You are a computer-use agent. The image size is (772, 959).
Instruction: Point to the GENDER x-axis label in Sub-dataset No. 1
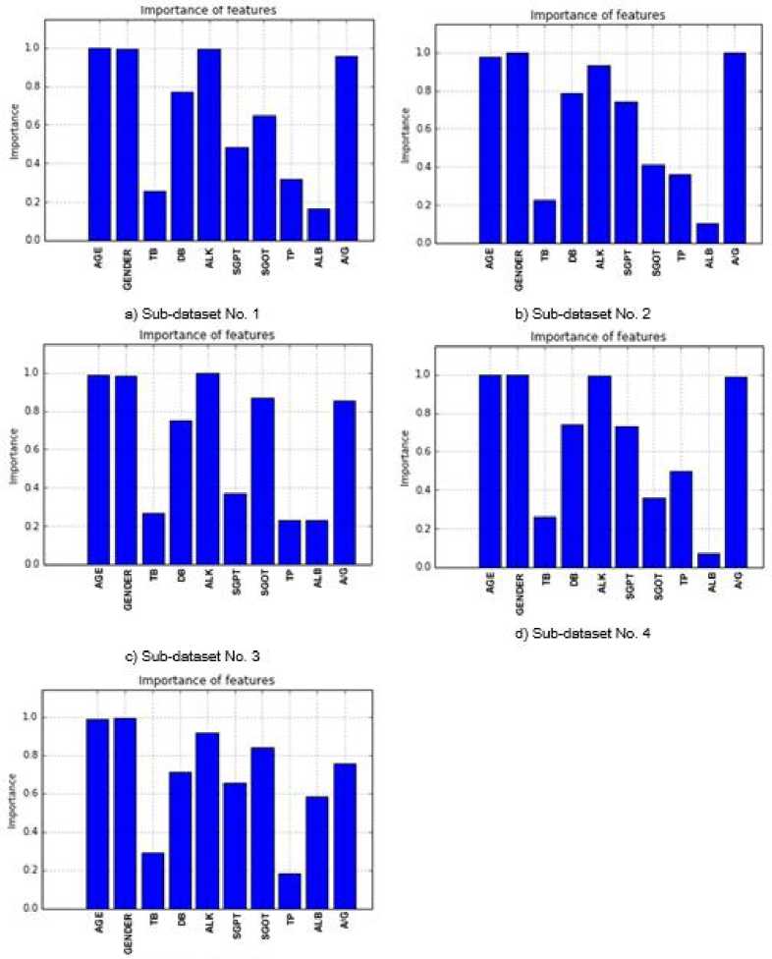point(127,263)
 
